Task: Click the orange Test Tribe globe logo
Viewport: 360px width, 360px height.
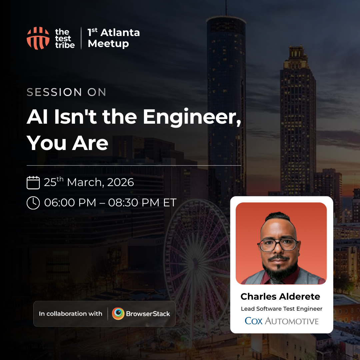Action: click(x=38, y=38)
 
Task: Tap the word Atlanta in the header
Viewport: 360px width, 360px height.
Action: click(x=120, y=33)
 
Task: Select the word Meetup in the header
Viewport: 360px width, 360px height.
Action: click(x=108, y=44)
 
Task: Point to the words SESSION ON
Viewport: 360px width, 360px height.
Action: click(x=66, y=92)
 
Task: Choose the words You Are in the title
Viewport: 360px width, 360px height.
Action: click(x=67, y=143)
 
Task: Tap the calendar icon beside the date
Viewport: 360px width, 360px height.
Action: click(x=33, y=183)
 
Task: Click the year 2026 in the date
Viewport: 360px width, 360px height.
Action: click(x=121, y=182)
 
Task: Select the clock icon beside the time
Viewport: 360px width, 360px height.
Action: click(x=33, y=203)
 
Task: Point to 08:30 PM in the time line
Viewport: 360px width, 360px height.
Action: click(x=134, y=203)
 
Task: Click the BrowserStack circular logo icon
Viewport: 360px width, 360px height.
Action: click(x=118, y=314)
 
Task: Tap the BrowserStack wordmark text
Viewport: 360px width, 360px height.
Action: click(x=148, y=314)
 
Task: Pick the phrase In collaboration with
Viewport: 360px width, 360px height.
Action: click(x=70, y=314)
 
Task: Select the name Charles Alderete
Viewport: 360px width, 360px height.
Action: click(x=280, y=297)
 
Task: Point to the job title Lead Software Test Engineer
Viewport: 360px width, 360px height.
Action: click(x=282, y=309)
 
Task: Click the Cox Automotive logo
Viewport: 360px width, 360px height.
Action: click(x=282, y=321)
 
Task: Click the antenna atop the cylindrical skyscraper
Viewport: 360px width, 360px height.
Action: click(x=226, y=8)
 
